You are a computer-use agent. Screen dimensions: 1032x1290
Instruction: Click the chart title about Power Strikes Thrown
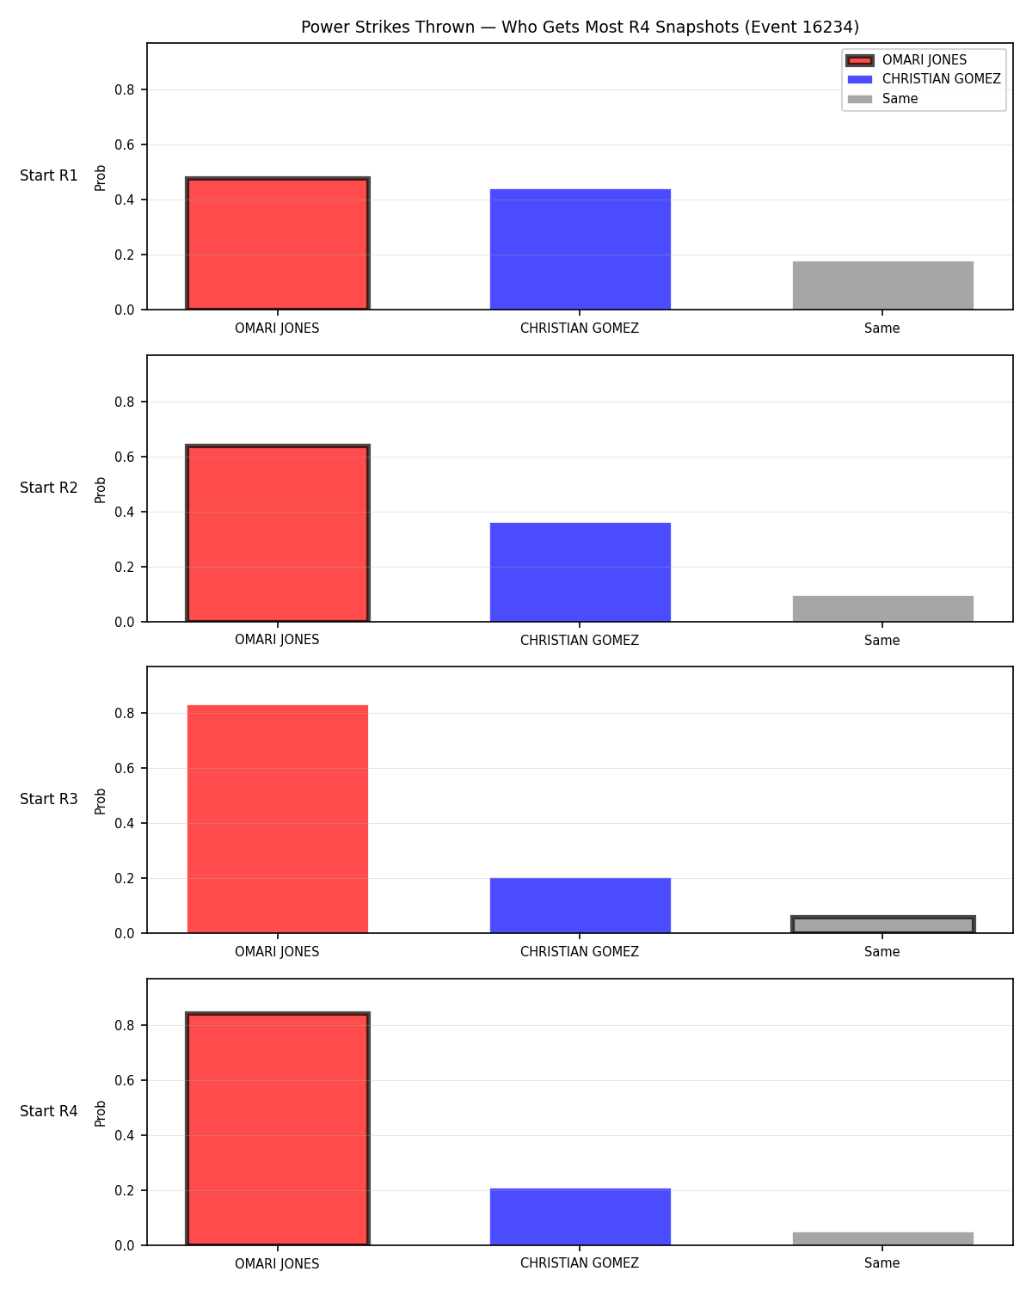pos(580,27)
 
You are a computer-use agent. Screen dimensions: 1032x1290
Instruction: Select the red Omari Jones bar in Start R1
pos(278,243)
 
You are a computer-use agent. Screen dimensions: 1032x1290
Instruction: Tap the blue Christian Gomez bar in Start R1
pos(580,249)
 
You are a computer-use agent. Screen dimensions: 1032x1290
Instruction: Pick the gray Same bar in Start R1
pos(882,286)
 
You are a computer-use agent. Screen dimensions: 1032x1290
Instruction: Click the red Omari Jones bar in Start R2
pos(278,533)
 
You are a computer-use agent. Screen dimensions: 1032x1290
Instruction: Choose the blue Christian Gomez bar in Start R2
pos(580,573)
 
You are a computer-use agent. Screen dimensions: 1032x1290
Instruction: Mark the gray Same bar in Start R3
pos(882,924)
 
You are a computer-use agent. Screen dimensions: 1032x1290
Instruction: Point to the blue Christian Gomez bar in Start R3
pos(580,906)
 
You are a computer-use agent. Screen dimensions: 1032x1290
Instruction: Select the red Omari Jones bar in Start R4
pos(278,1128)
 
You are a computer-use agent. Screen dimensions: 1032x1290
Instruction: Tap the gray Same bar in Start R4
pos(882,1238)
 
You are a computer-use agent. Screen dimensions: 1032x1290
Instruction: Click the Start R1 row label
pos(48,175)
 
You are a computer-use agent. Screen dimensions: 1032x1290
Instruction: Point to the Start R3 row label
pos(48,799)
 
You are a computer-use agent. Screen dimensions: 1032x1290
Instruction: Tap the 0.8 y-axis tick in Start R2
pos(124,402)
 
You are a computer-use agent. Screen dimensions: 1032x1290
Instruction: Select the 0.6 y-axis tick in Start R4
pos(124,1080)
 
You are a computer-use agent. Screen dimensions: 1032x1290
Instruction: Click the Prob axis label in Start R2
pos(100,489)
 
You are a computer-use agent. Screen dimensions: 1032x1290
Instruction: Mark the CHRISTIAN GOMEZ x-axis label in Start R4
pos(580,1263)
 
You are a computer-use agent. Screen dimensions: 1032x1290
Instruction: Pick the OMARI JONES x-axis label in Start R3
pos(277,951)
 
